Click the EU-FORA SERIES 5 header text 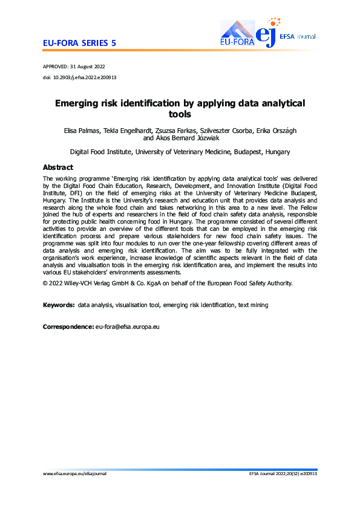(80, 43)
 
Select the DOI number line (79, 77)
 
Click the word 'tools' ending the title (180, 114)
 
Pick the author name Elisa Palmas (82, 131)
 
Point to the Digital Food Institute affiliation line (180, 152)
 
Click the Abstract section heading (58, 167)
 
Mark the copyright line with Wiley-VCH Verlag (168, 283)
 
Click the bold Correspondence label (68, 327)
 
